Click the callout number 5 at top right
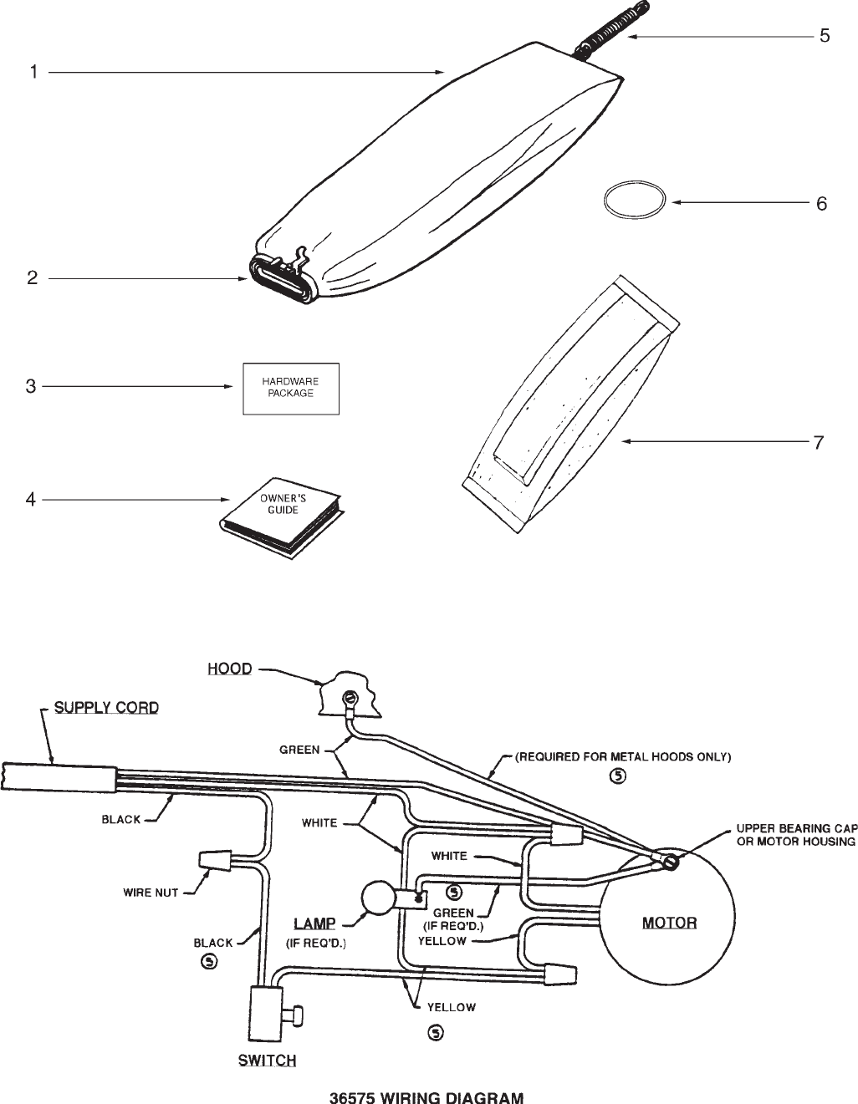pos(824,36)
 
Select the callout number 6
pos(821,203)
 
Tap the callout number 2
pos(32,278)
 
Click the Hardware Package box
pos(291,389)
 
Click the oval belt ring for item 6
pos(636,202)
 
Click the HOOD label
pos(229,669)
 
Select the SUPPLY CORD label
pos(106,708)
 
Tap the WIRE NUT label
pos(151,893)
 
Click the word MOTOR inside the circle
pos(669,923)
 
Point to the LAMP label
pos(314,923)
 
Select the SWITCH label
pos(267,1061)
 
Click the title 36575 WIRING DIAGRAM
pos(426,1097)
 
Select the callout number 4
pos(31,500)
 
